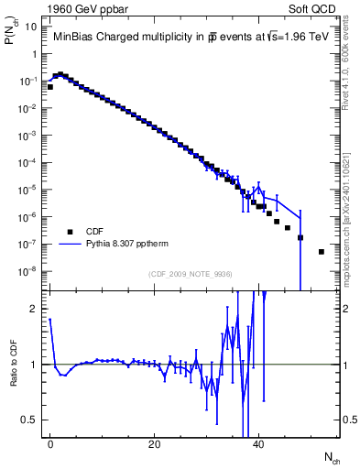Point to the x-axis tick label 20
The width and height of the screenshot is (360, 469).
click(x=154, y=443)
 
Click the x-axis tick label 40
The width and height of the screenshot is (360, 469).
click(x=258, y=443)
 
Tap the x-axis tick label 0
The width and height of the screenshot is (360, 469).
click(x=50, y=443)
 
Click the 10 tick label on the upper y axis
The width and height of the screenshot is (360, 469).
click(x=31, y=27)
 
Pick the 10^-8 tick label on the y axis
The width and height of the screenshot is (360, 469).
click(x=27, y=271)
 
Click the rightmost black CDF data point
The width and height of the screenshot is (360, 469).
click(x=321, y=252)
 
